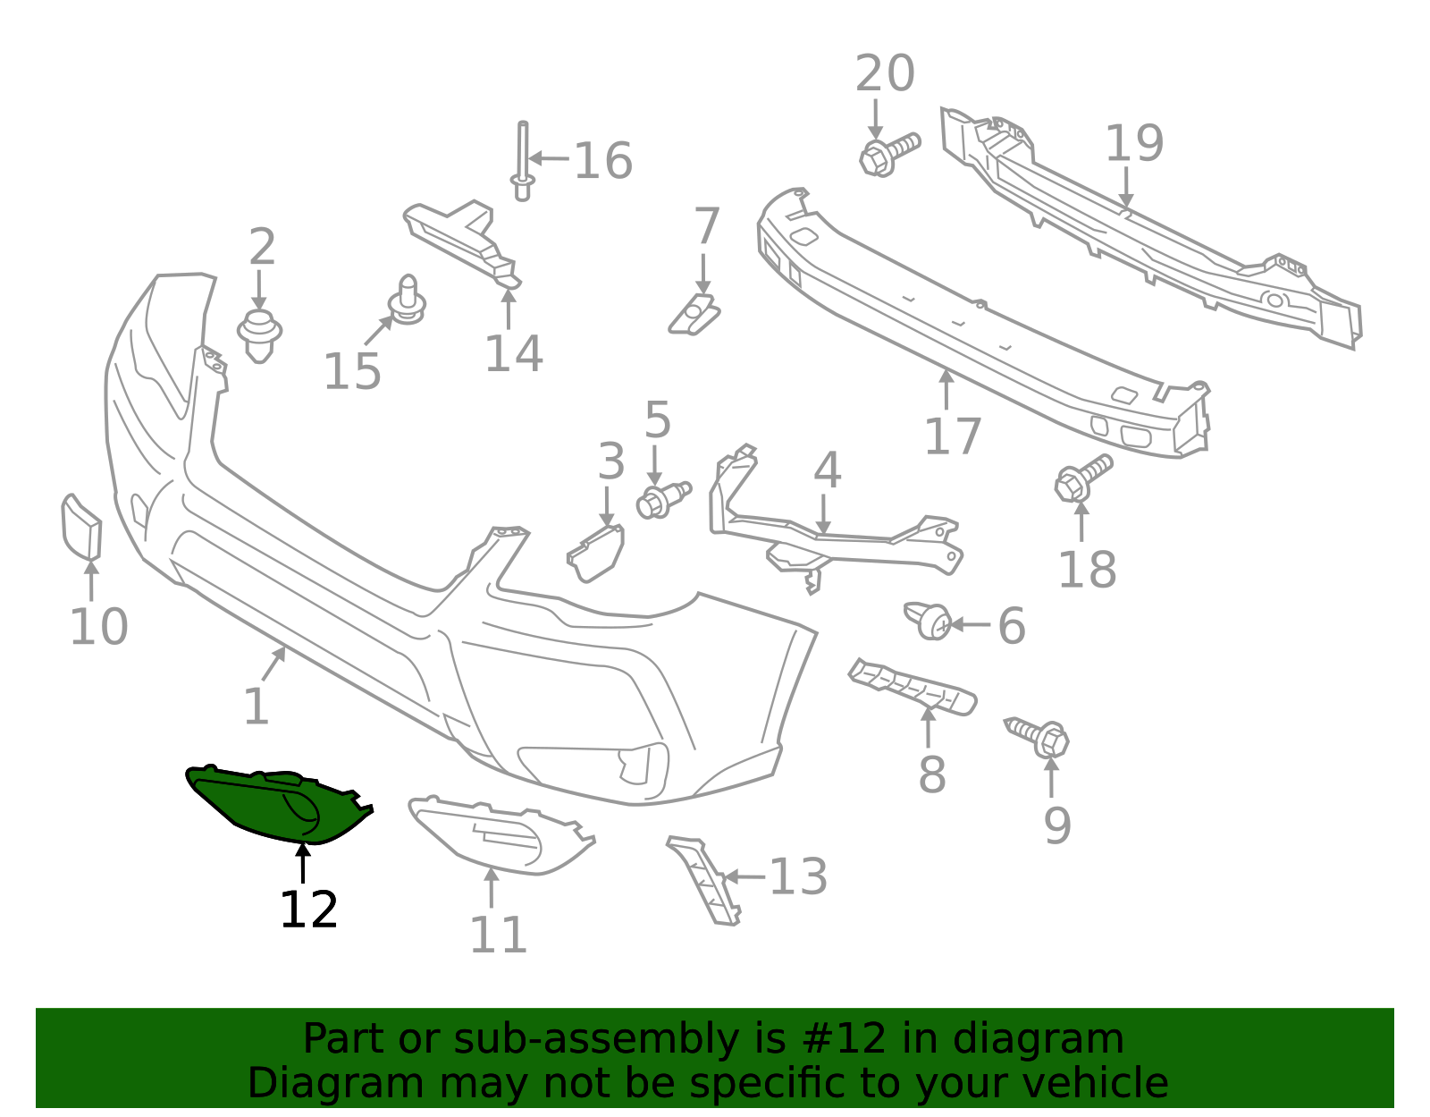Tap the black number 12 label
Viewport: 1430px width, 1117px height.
(308, 910)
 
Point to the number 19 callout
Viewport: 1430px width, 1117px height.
(1134, 143)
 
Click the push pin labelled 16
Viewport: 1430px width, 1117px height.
(523, 161)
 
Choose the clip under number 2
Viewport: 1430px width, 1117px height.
(259, 335)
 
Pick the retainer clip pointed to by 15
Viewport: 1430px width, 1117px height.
(408, 300)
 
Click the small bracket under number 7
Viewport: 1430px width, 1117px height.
(694, 315)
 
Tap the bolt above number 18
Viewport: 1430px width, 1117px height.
(1082, 478)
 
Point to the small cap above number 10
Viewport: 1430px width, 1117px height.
(81, 528)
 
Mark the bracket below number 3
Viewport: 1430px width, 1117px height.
(596, 553)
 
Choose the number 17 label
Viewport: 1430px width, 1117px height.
(953, 436)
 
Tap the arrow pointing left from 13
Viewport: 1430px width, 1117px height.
(744, 876)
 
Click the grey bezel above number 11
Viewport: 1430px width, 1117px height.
(501, 834)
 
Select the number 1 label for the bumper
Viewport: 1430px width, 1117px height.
(257, 707)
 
